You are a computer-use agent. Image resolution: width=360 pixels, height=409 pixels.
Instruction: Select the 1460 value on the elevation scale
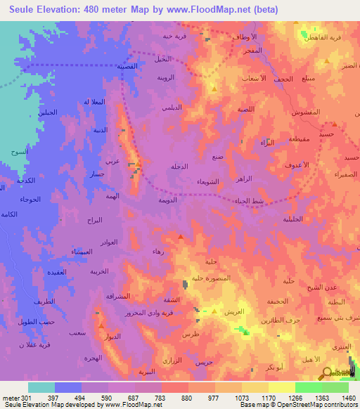pos(349,398)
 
